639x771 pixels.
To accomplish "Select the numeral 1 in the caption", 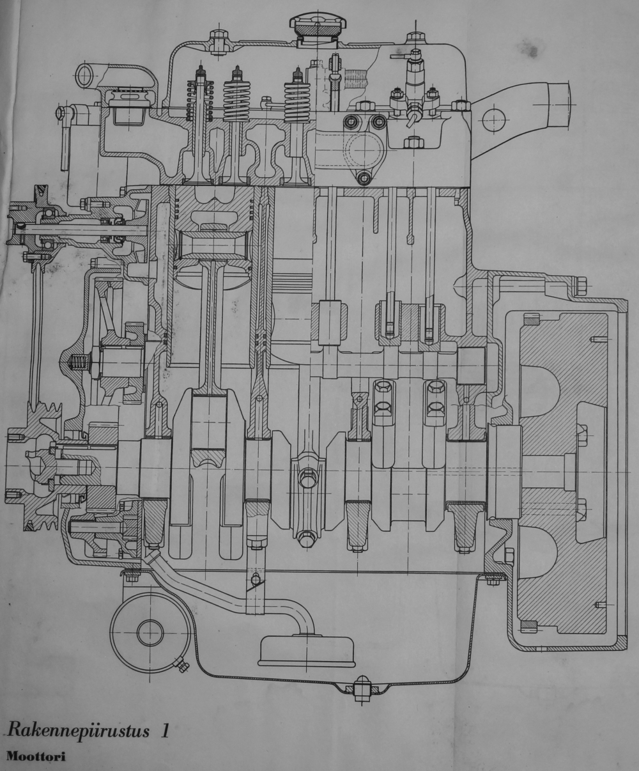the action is (165, 730).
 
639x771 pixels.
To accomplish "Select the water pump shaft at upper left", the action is (77, 228).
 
